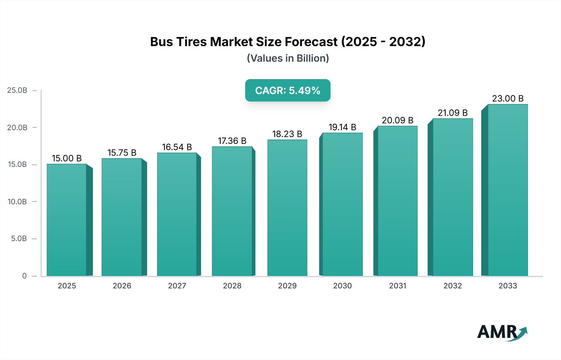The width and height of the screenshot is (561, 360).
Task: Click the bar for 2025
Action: pyautogui.click(x=67, y=220)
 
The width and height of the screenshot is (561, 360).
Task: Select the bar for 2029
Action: pyautogui.click(x=287, y=208)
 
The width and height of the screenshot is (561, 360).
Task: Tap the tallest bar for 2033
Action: pyautogui.click(x=507, y=190)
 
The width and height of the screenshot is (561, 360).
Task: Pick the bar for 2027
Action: pyautogui.click(x=177, y=214)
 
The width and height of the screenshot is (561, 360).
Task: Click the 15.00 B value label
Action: pyautogui.click(x=67, y=158)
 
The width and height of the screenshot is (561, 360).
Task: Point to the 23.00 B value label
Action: pyautogui.click(x=507, y=98)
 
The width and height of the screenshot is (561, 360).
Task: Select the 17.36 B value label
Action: pyautogui.click(x=232, y=141)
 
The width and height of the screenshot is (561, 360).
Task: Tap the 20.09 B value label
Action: pyautogui.click(x=397, y=120)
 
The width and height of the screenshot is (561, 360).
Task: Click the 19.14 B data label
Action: pyautogui.click(x=342, y=127)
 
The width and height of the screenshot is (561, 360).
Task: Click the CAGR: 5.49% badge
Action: pyautogui.click(x=287, y=90)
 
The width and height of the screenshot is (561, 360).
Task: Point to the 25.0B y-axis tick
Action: pyautogui.click(x=17, y=90)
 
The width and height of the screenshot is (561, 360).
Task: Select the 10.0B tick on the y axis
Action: pyautogui.click(x=17, y=201)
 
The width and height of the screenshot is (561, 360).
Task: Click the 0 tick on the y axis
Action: pyautogui.click(x=24, y=276)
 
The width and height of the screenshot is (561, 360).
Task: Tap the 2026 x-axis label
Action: pyautogui.click(x=122, y=286)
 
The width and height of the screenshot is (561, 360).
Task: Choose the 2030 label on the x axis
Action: pyautogui.click(x=342, y=286)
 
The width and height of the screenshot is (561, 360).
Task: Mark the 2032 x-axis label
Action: pyautogui.click(x=453, y=286)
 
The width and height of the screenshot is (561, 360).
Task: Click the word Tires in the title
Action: pyautogui.click(x=191, y=42)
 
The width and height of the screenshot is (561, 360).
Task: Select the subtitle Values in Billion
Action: pyautogui.click(x=288, y=58)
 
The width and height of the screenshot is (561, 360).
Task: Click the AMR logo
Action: pyautogui.click(x=502, y=332)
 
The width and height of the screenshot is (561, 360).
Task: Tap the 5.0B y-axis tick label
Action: pyautogui.click(x=19, y=239)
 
